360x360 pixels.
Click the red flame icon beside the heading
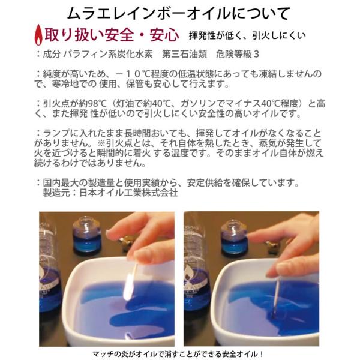(38, 35)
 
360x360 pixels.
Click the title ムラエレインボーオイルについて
(179, 14)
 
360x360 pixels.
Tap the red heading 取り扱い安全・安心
(112, 35)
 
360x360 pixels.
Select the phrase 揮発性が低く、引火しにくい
(247, 35)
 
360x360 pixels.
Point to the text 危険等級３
(238, 54)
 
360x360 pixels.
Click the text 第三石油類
(185, 54)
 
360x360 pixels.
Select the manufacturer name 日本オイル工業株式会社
(128, 193)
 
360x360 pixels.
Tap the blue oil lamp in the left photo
(86, 236)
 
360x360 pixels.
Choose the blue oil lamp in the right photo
(234, 238)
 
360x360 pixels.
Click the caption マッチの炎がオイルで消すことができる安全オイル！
(178, 354)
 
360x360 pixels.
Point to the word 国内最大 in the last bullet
(61, 183)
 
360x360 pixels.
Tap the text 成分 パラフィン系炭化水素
(98, 54)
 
